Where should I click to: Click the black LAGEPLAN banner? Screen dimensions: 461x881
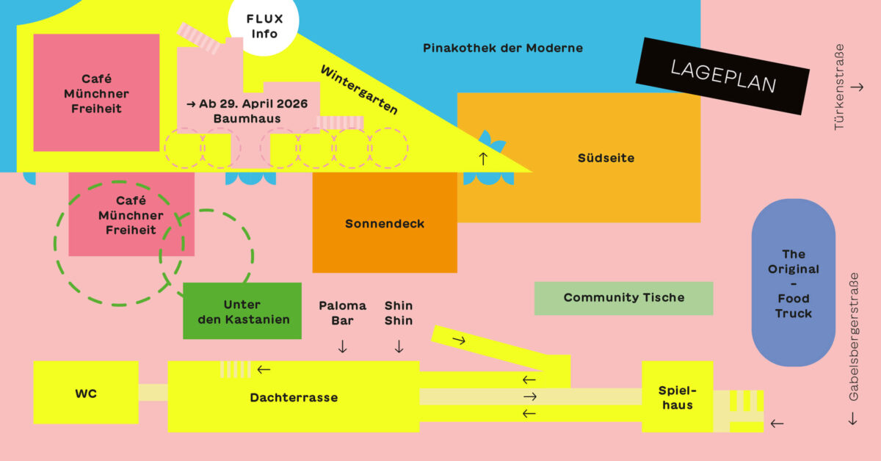(x=723, y=76)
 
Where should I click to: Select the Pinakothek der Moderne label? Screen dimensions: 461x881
(x=503, y=48)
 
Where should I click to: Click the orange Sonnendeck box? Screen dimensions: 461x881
(x=385, y=223)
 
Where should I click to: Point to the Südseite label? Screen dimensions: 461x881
(x=606, y=158)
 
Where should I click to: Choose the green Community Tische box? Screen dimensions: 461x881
(x=623, y=297)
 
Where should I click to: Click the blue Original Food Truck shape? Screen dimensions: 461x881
(x=793, y=283)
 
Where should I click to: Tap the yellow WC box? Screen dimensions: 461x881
(x=85, y=393)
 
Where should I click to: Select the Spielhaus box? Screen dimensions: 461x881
(x=676, y=397)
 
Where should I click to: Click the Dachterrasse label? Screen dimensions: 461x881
(x=294, y=397)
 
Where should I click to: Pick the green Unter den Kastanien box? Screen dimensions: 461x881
(x=242, y=311)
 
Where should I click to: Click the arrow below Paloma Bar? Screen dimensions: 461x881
(x=342, y=346)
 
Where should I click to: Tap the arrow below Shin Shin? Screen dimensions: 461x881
(x=399, y=346)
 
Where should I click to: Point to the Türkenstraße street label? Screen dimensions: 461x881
(x=840, y=87)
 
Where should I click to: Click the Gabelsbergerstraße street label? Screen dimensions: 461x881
(x=854, y=338)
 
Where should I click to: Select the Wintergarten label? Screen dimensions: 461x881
(x=359, y=90)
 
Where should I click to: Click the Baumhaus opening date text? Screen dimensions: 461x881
(x=247, y=104)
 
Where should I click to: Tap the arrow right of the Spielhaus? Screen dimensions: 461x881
(x=777, y=423)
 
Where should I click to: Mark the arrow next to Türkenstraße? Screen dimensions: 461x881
(x=856, y=87)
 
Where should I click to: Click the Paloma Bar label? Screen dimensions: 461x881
(x=342, y=313)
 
